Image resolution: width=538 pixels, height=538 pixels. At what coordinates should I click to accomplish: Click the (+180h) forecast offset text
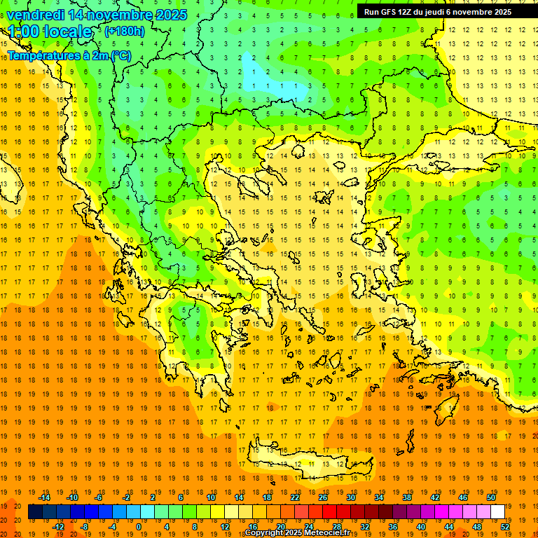[124, 31]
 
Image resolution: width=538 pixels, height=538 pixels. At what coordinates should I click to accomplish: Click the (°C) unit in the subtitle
[120, 55]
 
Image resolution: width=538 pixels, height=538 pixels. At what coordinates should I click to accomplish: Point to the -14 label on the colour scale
[44, 497]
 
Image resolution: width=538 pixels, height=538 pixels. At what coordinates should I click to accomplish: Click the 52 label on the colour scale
[505, 527]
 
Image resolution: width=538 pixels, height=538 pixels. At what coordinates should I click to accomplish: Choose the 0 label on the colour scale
[139, 527]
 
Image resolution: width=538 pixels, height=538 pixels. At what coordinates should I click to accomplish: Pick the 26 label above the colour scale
[323, 497]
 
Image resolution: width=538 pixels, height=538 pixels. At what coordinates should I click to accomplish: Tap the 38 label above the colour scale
[406, 497]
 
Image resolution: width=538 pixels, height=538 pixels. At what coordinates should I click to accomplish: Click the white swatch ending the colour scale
[497, 512]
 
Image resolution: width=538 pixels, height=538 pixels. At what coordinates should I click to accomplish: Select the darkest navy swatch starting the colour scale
[35, 512]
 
